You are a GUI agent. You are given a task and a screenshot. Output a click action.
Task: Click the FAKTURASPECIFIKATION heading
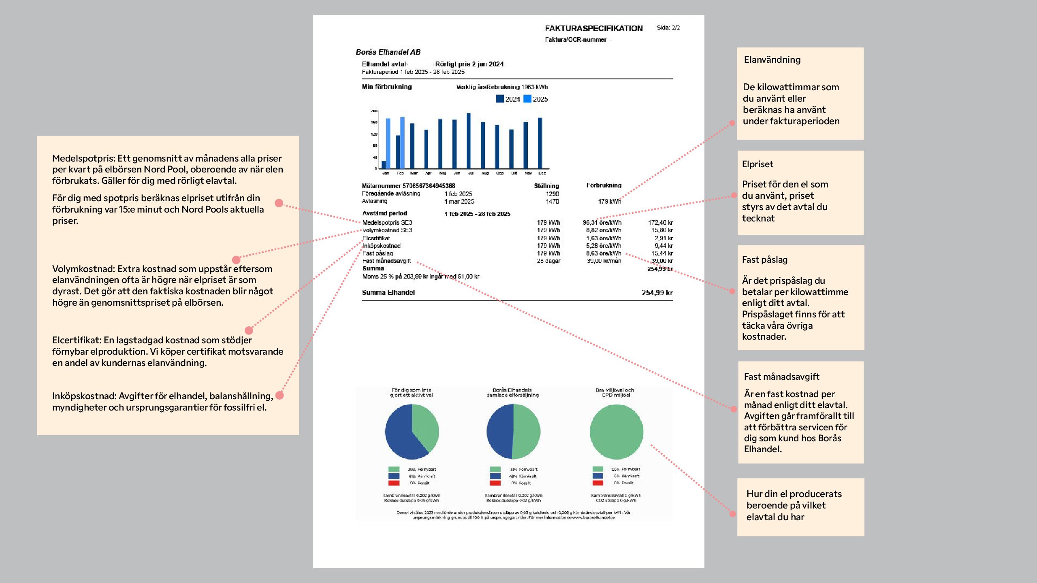point(593,28)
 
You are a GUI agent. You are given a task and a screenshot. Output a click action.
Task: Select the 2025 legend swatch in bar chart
point(527,99)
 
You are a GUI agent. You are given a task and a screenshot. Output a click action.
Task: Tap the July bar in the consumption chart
point(469,140)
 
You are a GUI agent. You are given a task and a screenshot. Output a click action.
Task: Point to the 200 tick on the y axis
point(374,111)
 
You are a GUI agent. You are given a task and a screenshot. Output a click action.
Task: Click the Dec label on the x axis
point(542,173)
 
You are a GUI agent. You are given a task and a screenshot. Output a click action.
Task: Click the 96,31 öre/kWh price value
point(602,223)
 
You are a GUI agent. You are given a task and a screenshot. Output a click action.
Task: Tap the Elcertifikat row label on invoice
point(376,238)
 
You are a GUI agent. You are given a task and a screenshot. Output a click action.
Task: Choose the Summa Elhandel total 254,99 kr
point(657,292)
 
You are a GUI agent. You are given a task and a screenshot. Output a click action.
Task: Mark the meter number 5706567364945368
point(429,185)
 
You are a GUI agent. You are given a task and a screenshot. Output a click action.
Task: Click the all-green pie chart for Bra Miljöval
point(616,432)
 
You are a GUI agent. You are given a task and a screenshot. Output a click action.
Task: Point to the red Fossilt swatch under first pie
point(394,483)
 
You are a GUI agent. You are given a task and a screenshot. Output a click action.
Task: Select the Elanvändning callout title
point(772,60)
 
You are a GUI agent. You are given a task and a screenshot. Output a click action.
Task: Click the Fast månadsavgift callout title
point(781,377)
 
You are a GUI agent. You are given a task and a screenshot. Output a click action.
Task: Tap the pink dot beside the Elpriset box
point(734,196)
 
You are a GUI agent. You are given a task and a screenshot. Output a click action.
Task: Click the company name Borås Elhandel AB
point(388,52)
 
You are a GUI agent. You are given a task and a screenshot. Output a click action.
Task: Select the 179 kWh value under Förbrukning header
point(609,201)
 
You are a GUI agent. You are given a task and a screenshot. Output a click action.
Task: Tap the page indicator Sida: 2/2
point(668,28)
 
